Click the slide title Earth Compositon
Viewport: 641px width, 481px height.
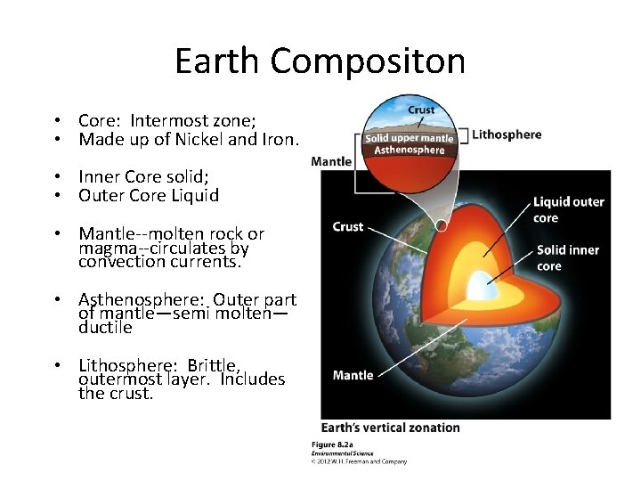320,61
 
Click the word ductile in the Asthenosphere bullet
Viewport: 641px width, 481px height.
105,327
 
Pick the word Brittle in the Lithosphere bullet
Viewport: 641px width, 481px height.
208,365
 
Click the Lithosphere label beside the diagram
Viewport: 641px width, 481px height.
506,135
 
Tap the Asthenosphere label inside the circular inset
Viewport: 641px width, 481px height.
410,150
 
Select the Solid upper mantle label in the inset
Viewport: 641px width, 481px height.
409,138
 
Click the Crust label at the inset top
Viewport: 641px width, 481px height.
421,110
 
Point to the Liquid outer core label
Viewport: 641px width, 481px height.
568,209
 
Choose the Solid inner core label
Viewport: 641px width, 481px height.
567,258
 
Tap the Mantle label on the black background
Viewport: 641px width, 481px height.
353,375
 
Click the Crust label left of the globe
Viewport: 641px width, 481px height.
347,226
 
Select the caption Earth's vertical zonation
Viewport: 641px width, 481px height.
390,428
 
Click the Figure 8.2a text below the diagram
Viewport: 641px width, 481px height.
332,444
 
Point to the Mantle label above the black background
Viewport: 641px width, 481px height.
331,161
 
